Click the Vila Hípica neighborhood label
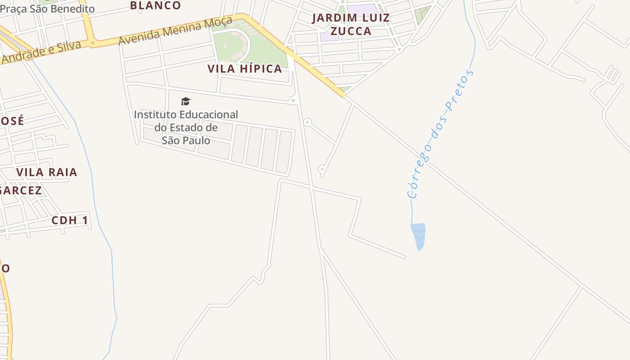click(244, 69)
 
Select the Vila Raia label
click(46, 172)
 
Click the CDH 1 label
click(70, 220)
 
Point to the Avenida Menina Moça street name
click(175, 31)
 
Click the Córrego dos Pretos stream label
click(440, 134)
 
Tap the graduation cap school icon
click(185, 102)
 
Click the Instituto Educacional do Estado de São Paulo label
click(186, 127)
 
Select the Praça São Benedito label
click(47, 9)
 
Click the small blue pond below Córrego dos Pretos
click(418, 235)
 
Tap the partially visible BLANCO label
click(155, 5)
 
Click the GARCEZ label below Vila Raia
click(20, 190)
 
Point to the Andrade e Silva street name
click(40, 53)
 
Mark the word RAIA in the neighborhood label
click(62, 172)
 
